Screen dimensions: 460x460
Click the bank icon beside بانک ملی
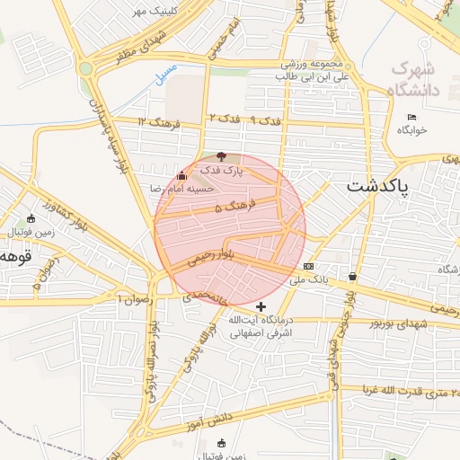(309, 266)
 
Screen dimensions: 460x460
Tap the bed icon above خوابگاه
(412, 118)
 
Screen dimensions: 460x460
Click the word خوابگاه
(412, 130)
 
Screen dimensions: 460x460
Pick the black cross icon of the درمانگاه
(261, 307)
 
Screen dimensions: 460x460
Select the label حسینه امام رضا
(182, 189)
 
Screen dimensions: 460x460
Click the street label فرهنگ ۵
(235, 207)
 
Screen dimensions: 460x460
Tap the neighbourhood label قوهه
(15, 256)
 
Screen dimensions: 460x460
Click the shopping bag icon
(350, 276)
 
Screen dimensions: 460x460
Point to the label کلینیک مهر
(154, 11)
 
